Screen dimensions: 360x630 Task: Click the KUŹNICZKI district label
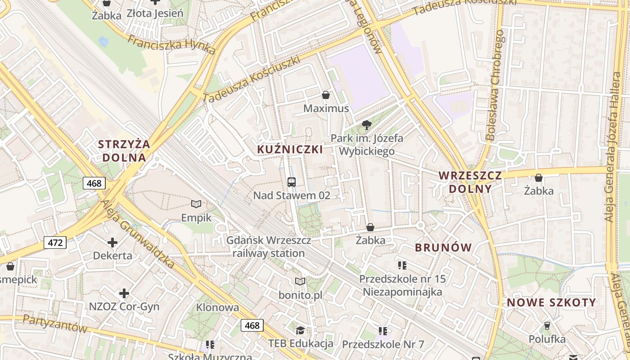click(290, 149)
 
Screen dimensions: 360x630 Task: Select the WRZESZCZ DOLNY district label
click(470, 182)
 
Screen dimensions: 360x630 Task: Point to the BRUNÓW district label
click(443, 247)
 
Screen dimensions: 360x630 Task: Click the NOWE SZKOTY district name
click(551, 303)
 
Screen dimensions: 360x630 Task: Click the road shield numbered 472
click(55, 243)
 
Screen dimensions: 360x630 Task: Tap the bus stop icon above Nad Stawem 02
click(292, 182)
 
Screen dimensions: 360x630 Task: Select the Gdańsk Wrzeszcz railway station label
click(269, 247)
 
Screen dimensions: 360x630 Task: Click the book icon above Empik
click(196, 204)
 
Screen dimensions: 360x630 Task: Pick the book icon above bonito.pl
click(300, 282)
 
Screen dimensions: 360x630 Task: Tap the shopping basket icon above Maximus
click(326, 95)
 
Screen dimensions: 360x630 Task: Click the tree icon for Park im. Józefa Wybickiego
click(366, 125)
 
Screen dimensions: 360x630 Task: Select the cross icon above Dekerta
click(112, 243)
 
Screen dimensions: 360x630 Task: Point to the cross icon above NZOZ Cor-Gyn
click(124, 294)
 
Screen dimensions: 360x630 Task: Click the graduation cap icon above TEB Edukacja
click(300, 331)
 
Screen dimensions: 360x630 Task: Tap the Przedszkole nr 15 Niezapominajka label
click(402, 285)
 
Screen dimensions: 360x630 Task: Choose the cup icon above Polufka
click(547, 325)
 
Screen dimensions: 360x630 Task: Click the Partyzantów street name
click(55, 324)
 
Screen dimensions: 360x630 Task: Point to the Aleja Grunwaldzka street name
click(137, 234)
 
